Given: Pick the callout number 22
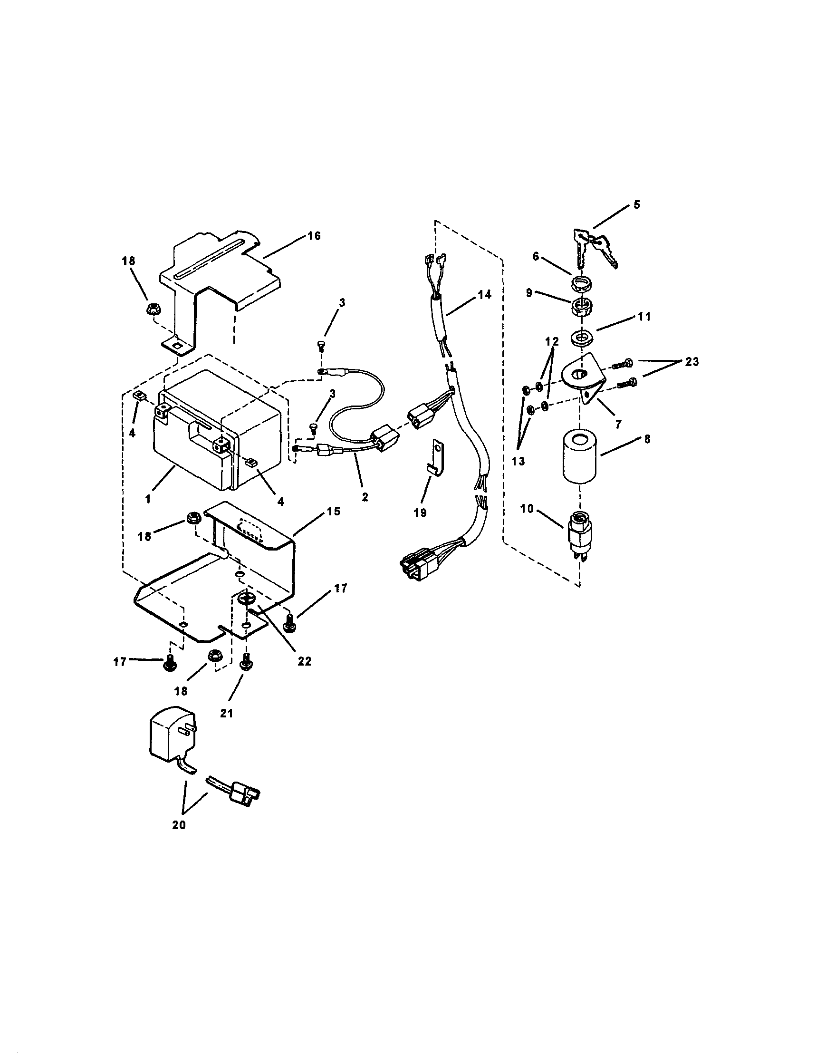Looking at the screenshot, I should (x=304, y=661).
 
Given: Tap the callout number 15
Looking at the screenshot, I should (x=333, y=511).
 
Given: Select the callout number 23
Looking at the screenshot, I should (x=691, y=361).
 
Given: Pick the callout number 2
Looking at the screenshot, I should (x=365, y=497).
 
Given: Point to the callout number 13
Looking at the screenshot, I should (x=517, y=461).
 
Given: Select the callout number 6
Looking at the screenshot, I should (x=536, y=256).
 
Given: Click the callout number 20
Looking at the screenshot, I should (x=179, y=825).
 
